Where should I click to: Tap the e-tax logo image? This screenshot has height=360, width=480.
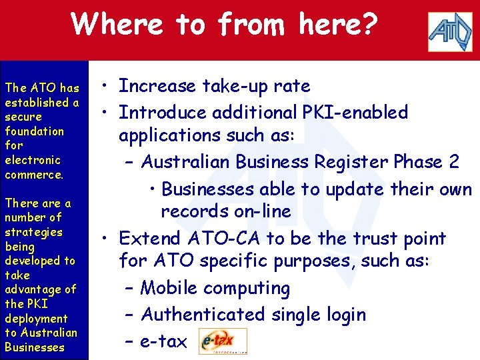click(223, 341)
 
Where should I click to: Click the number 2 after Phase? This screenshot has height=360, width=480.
click(453, 162)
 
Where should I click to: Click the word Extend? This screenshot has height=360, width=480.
click(150, 238)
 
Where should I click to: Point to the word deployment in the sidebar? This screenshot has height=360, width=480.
click(36, 319)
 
